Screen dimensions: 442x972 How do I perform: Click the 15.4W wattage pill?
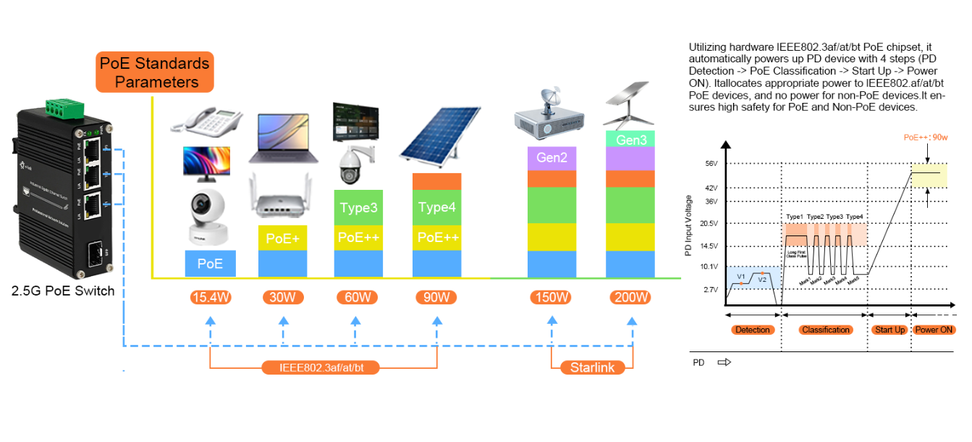coord(210,297)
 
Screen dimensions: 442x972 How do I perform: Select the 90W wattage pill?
coord(436,297)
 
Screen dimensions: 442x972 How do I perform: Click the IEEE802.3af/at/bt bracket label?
coord(320,367)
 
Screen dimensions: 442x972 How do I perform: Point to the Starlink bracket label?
coord(592,367)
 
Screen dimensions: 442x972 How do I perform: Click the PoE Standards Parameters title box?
coord(155,72)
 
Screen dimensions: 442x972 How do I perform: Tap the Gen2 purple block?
coord(551,157)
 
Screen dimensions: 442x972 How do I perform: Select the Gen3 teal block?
coord(632,139)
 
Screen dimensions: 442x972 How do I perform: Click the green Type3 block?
coord(358,208)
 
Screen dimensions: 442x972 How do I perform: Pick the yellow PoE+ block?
coord(283,238)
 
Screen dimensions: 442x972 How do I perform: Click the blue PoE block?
coord(210,264)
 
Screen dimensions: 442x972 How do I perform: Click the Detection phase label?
coord(753,330)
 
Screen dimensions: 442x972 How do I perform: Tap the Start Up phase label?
coord(889,330)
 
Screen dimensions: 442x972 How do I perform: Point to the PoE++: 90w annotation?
coord(926,137)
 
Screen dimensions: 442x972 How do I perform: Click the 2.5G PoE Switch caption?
coord(63,291)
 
